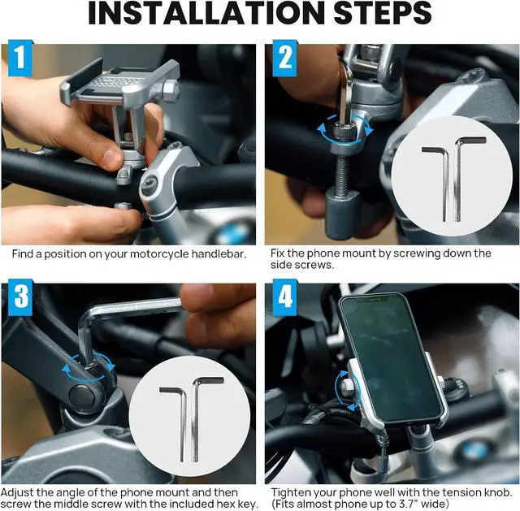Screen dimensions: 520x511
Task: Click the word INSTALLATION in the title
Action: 207,13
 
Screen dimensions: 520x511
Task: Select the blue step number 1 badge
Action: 20,58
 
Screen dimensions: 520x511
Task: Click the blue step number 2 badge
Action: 285,58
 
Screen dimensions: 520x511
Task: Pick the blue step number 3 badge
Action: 20,297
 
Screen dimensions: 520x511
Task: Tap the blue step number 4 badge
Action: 285,297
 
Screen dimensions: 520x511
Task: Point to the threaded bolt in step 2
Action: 342,173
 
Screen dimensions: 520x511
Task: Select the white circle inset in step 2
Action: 452,176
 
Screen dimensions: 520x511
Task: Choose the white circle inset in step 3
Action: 189,416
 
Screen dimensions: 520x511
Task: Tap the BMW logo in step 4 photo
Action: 474,452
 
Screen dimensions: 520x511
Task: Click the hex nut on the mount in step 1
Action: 171,89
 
